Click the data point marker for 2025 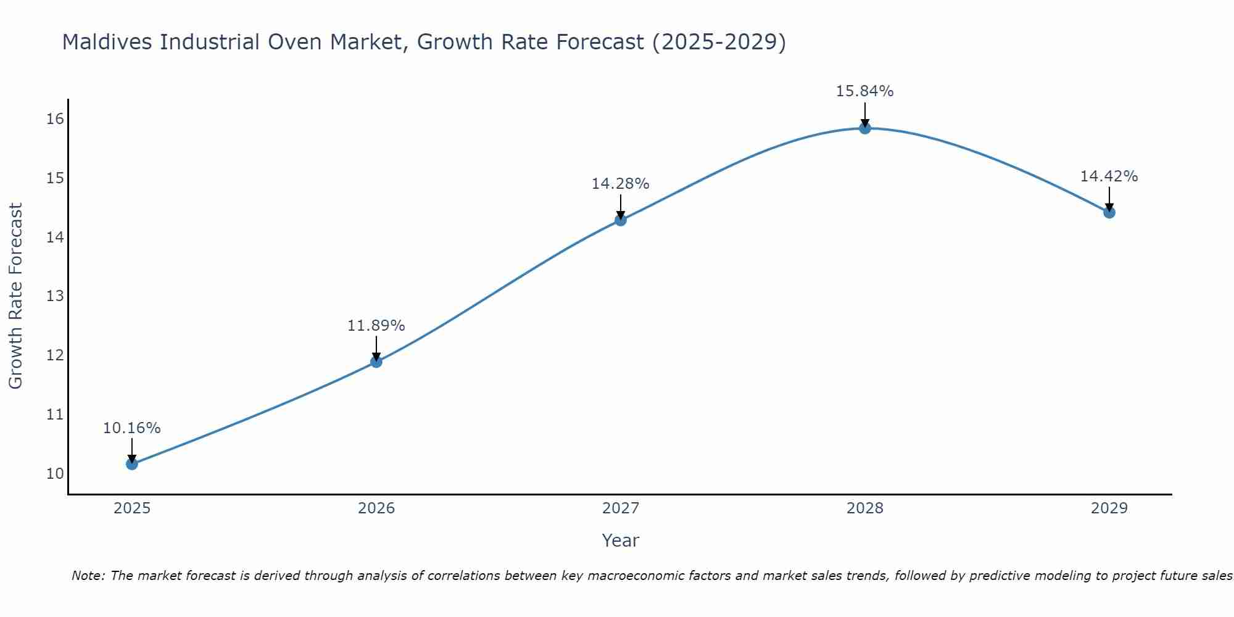(132, 463)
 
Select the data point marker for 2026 (376, 362)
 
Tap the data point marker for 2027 (621, 220)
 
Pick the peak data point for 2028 (865, 128)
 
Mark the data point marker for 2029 (1109, 212)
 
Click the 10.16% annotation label (132, 428)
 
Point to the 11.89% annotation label (376, 326)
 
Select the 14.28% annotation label (621, 184)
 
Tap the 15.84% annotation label (865, 91)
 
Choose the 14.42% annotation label (1109, 176)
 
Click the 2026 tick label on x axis (376, 508)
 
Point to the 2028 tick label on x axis (865, 508)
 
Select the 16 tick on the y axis (55, 119)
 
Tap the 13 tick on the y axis (55, 296)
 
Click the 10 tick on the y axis (55, 474)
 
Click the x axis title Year (621, 540)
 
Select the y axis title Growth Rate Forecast (16, 296)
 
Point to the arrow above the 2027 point (621, 205)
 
